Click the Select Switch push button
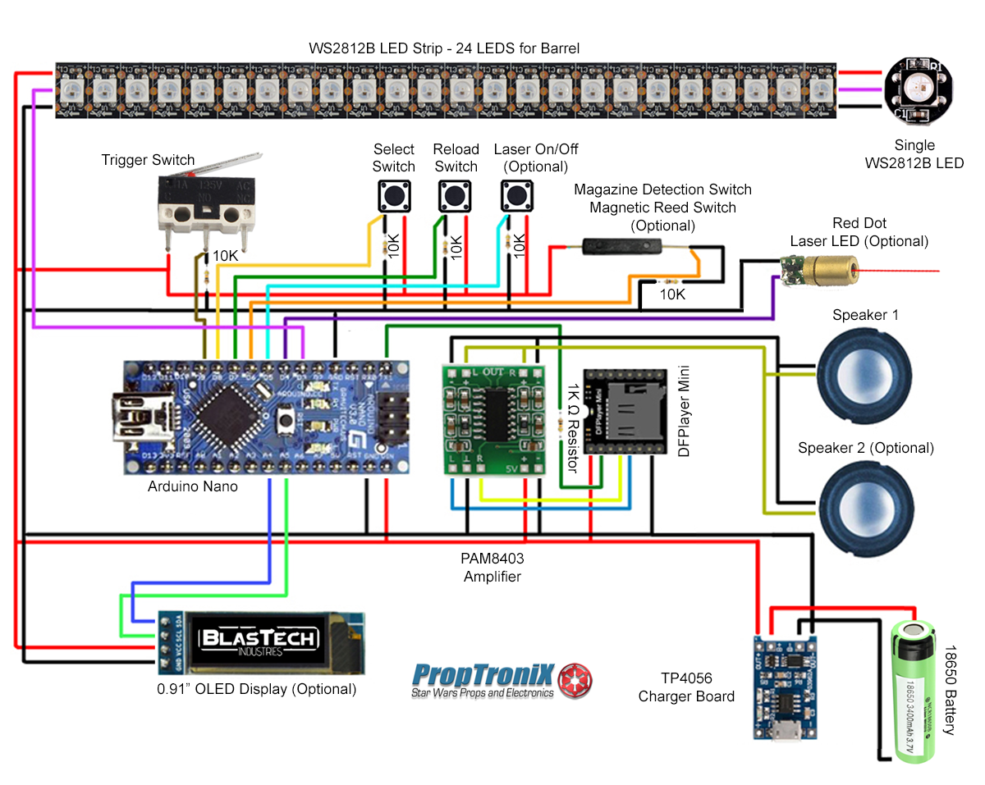tap(394, 196)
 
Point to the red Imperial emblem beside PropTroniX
tap(575, 680)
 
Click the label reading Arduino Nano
tap(193, 486)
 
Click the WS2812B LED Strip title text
tap(444, 48)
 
